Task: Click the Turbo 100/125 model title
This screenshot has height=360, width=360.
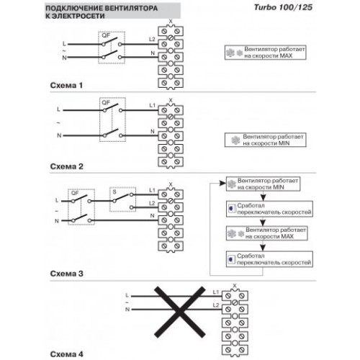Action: pyautogui.click(x=283, y=7)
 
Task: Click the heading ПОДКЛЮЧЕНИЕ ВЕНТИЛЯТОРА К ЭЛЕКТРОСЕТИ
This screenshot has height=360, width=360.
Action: pyautogui.click(x=102, y=12)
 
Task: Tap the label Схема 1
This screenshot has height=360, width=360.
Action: pyautogui.click(x=66, y=85)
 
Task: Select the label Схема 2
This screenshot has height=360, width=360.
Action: pyautogui.click(x=66, y=166)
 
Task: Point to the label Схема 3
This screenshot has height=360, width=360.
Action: pyautogui.click(x=66, y=274)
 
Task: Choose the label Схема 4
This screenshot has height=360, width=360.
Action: pyautogui.click(x=66, y=354)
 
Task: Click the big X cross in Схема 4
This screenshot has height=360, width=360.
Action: pyautogui.click(x=180, y=312)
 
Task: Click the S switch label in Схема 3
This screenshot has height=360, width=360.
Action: pyautogui.click(x=114, y=192)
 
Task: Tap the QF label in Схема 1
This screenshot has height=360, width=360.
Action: pyautogui.click(x=106, y=35)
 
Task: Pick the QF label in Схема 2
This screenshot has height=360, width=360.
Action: pyautogui.click(x=106, y=102)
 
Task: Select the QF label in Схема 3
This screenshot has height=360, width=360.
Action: pyautogui.click(x=75, y=193)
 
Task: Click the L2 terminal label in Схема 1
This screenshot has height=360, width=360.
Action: pyautogui.click(x=152, y=39)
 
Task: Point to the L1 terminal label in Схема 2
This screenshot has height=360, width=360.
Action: pyautogui.click(x=152, y=105)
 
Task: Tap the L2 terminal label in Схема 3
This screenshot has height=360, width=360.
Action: pyautogui.click(x=152, y=203)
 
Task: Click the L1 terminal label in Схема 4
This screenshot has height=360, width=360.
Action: pyautogui.click(x=216, y=292)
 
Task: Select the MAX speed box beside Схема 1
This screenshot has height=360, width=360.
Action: pyautogui.click(x=266, y=53)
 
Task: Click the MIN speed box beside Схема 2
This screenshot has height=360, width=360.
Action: pyautogui.click(x=266, y=140)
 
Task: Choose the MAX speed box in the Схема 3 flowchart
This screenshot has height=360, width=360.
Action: pyautogui.click(x=267, y=233)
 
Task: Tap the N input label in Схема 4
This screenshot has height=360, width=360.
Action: pyautogui.click(x=127, y=310)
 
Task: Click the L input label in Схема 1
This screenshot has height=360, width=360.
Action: pyautogui.click(x=64, y=44)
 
